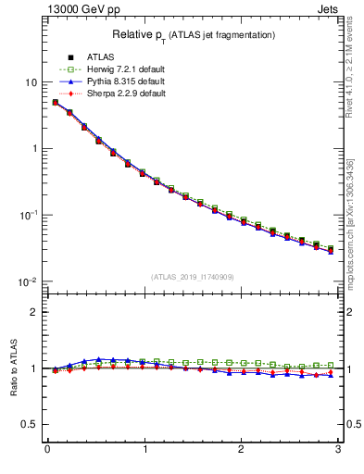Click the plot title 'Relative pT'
tap(195, 34)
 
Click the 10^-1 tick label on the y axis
tap(28, 215)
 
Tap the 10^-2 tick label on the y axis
tap(28, 281)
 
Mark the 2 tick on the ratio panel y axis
tap(33, 312)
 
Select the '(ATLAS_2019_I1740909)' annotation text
tap(194, 277)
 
